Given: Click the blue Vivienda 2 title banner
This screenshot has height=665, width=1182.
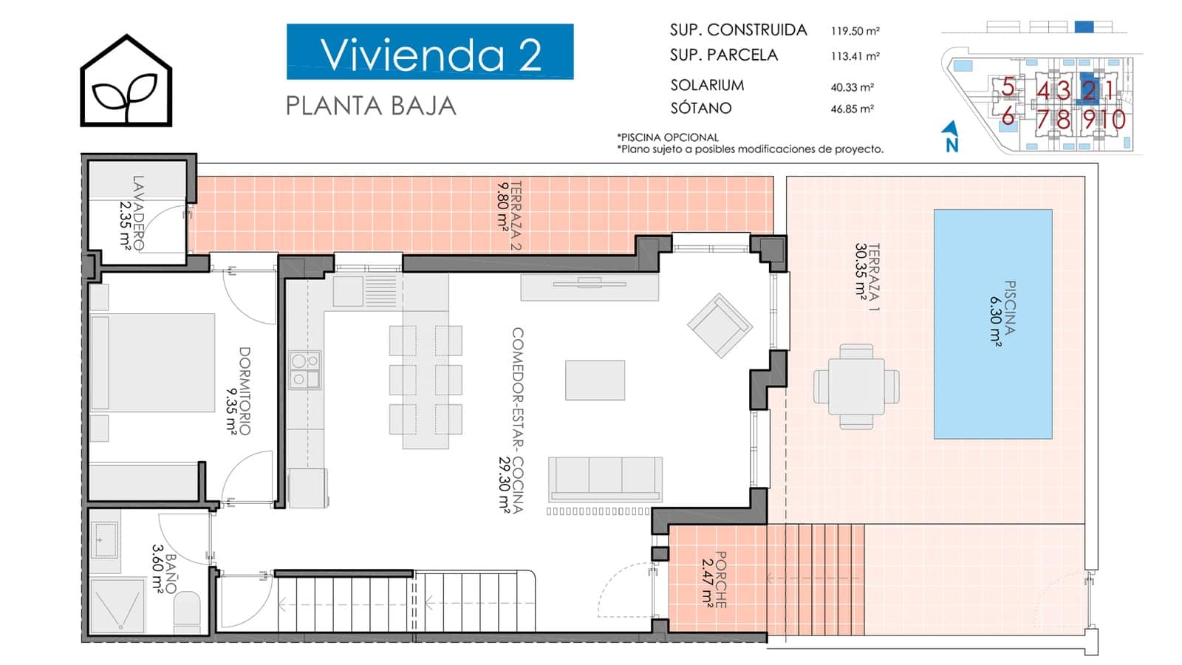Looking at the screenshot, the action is pos(429,52).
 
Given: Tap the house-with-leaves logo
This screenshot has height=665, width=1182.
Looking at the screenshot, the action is pos(126,81).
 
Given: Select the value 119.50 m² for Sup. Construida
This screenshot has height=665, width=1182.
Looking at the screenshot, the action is pos(855,30).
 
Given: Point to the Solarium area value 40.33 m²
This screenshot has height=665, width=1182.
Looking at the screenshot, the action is pos(852,87).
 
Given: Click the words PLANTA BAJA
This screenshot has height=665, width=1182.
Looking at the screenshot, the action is pos(370,106).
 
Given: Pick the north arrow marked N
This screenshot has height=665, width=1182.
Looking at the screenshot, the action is pos(951,137).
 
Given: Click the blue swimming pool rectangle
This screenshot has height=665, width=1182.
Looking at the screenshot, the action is pos(993,324).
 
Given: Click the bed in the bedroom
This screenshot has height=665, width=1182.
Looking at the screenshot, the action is pos(152,362).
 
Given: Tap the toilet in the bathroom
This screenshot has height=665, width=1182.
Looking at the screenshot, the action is pos(187,613).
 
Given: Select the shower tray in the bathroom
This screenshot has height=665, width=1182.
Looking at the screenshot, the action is pos(117,606).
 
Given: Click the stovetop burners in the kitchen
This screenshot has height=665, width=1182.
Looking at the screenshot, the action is pos(305,370).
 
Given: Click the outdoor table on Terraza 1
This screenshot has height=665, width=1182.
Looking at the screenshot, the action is pos(856,386).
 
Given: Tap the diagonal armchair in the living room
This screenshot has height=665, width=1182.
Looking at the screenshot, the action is pos(720,326).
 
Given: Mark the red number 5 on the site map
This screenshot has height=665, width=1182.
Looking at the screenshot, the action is pos(1008,87).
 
